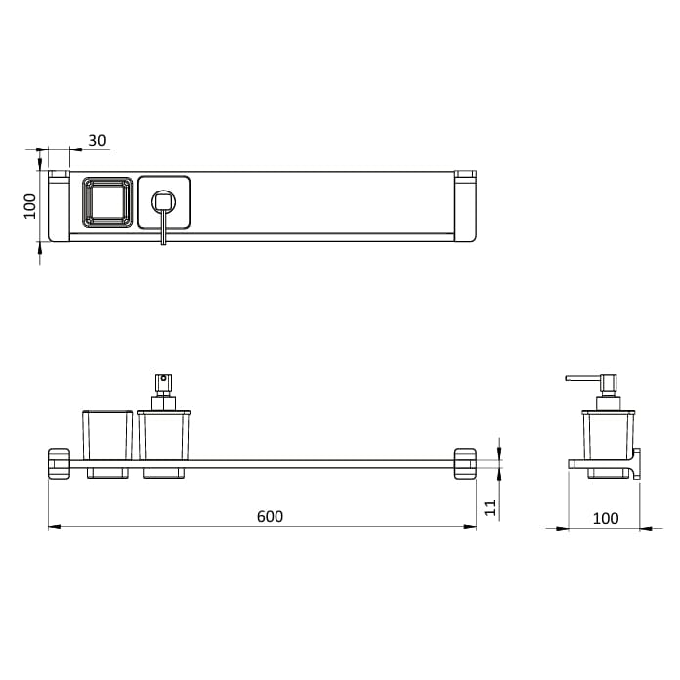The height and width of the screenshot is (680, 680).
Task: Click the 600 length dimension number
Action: [x=271, y=516]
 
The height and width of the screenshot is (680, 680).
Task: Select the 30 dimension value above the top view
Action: [x=97, y=140]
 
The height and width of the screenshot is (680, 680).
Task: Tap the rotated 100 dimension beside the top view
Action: [x=30, y=205]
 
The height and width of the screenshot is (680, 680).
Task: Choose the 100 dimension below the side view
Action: [x=606, y=518]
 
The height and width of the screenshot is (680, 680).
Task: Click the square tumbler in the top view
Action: [x=106, y=202]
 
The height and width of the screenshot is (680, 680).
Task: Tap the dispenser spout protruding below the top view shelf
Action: [x=164, y=234]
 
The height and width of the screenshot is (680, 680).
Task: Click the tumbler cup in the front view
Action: [x=106, y=435]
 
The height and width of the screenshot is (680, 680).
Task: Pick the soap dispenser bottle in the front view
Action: [x=163, y=435]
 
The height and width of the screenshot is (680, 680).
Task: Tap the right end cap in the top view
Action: [x=465, y=205]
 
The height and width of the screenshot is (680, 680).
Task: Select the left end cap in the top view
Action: [x=60, y=205]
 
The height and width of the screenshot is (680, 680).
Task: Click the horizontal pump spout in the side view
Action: [x=582, y=378]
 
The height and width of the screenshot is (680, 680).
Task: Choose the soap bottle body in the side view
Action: [x=609, y=435]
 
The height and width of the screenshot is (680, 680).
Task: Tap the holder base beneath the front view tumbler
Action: [x=106, y=474]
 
